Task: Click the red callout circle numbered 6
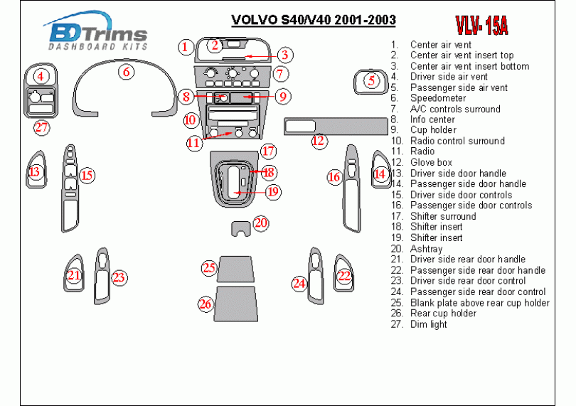pyautogui.click(x=126, y=72)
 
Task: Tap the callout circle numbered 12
pyautogui.click(x=319, y=141)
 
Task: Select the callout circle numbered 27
pyautogui.click(x=42, y=128)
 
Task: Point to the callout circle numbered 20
pyautogui.click(x=261, y=223)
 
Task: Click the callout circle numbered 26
pyautogui.click(x=206, y=304)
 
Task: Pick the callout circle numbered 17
pyautogui.click(x=267, y=151)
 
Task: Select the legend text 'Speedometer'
pyautogui.click(x=438, y=98)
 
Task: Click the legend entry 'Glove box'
pyautogui.click(x=431, y=162)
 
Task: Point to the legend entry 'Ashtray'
pyautogui.click(x=426, y=249)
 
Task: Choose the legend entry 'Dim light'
pyautogui.click(x=429, y=324)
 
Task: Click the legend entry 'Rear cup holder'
pyautogui.click(x=443, y=313)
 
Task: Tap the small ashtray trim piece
pyautogui.click(x=241, y=228)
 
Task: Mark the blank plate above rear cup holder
pyautogui.click(x=236, y=269)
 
